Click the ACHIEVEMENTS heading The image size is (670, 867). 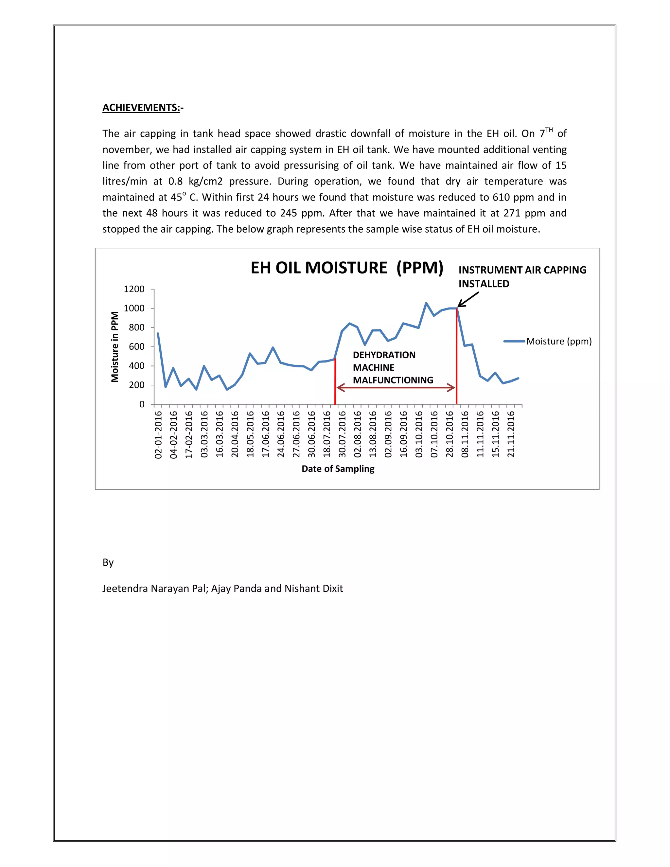point(141,108)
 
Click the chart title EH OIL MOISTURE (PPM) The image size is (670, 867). point(346,268)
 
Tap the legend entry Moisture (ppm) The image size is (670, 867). point(558,341)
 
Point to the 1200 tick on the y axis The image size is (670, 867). point(134,289)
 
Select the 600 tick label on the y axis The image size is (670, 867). point(136,346)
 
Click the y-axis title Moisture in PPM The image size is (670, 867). point(115,346)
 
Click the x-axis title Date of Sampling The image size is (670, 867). point(338,469)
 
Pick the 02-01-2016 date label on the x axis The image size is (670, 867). point(158,435)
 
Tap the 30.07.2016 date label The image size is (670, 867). point(342,435)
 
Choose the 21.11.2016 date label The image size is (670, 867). point(511,435)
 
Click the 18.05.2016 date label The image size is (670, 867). point(250,435)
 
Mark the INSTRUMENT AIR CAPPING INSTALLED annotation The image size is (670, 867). point(522,277)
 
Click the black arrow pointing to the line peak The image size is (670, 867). point(469,299)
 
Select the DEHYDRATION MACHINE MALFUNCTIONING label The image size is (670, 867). point(393,368)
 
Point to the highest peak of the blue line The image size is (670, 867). point(426,303)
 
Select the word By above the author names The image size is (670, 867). point(108,562)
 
